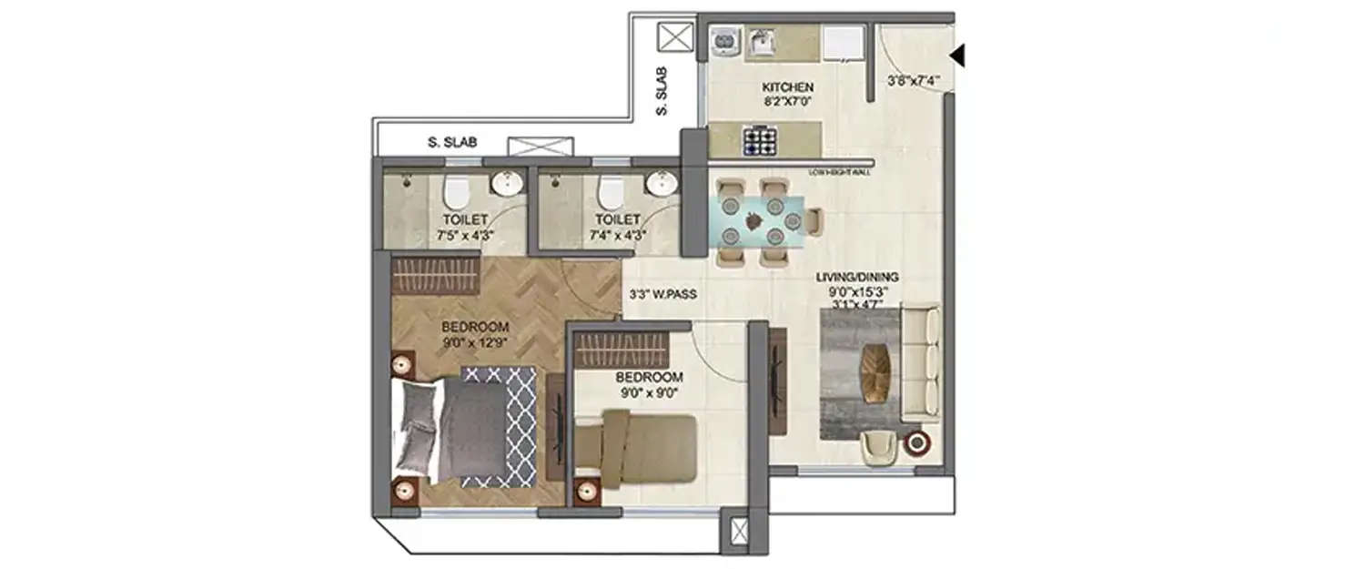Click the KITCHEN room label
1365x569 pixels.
click(787, 87)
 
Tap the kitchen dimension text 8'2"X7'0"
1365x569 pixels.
click(787, 102)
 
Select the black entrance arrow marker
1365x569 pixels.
click(956, 56)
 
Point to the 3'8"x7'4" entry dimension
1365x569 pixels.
click(913, 81)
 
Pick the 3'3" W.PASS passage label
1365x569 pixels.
click(662, 295)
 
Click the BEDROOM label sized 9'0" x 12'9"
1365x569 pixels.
click(475, 328)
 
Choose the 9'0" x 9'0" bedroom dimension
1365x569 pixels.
click(649, 393)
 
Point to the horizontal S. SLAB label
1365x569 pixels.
click(452, 142)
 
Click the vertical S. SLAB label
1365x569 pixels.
click(662, 91)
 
